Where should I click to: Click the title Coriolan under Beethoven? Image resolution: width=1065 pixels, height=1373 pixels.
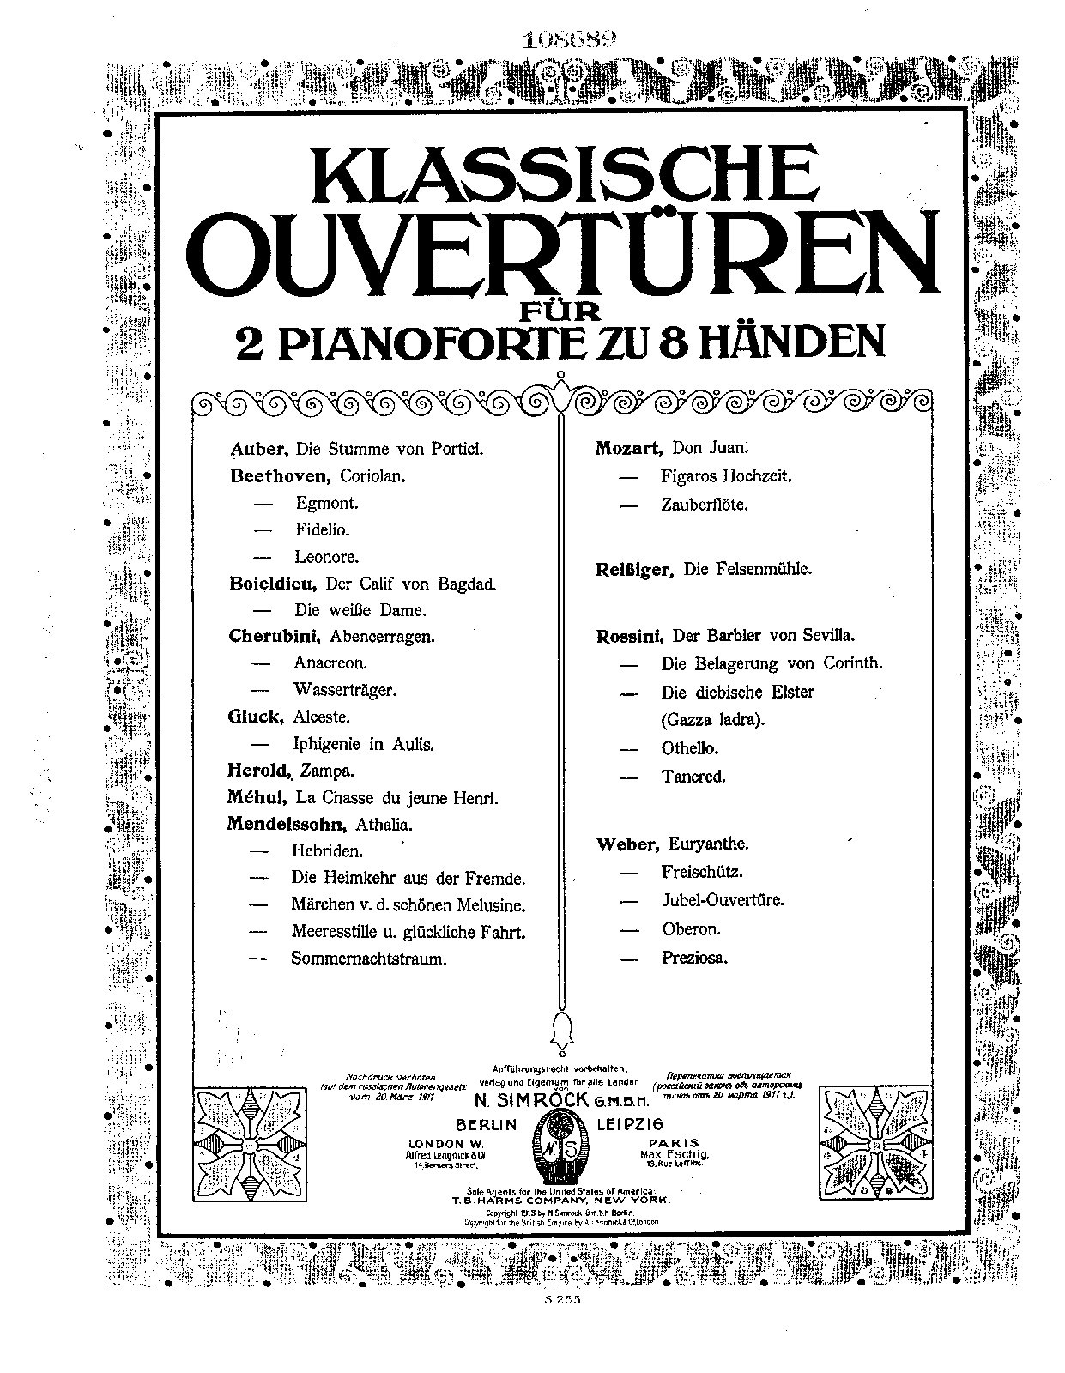[x=372, y=475]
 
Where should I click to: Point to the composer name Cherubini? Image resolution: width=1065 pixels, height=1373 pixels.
[x=275, y=636]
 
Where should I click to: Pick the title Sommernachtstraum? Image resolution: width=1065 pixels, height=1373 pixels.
[x=369, y=959]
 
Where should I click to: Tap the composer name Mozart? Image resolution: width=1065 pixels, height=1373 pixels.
[x=629, y=447]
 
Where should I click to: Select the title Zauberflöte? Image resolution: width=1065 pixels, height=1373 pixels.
[x=705, y=505]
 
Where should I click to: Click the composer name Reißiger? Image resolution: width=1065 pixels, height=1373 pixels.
[x=633, y=570]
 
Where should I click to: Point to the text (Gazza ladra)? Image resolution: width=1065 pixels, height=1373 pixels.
[x=712, y=719]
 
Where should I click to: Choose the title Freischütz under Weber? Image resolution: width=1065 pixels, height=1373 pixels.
[x=702, y=872]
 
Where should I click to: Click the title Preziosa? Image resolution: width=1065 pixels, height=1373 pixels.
[x=694, y=958]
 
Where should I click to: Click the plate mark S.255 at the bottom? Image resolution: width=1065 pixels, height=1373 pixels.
[x=563, y=1325]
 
